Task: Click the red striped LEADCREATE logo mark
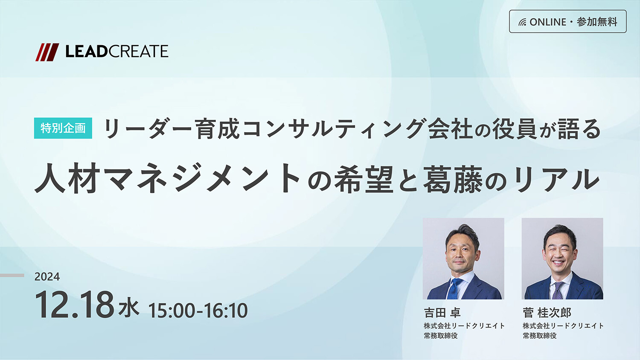tap(47, 52)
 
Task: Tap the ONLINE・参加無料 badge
tap(567, 21)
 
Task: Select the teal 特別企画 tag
tap(63, 128)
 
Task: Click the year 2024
tap(47, 277)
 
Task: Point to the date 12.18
tap(74, 305)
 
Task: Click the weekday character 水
tap(129, 308)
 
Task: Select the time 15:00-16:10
tap(198, 311)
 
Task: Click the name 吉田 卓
tap(442, 313)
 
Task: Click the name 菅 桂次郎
tap(547, 313)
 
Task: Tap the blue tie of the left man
tap(454, 288)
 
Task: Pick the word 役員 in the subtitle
tap(514, 129)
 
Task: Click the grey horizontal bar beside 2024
tap(12, 276)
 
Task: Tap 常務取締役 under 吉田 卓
tap(440, 336)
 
